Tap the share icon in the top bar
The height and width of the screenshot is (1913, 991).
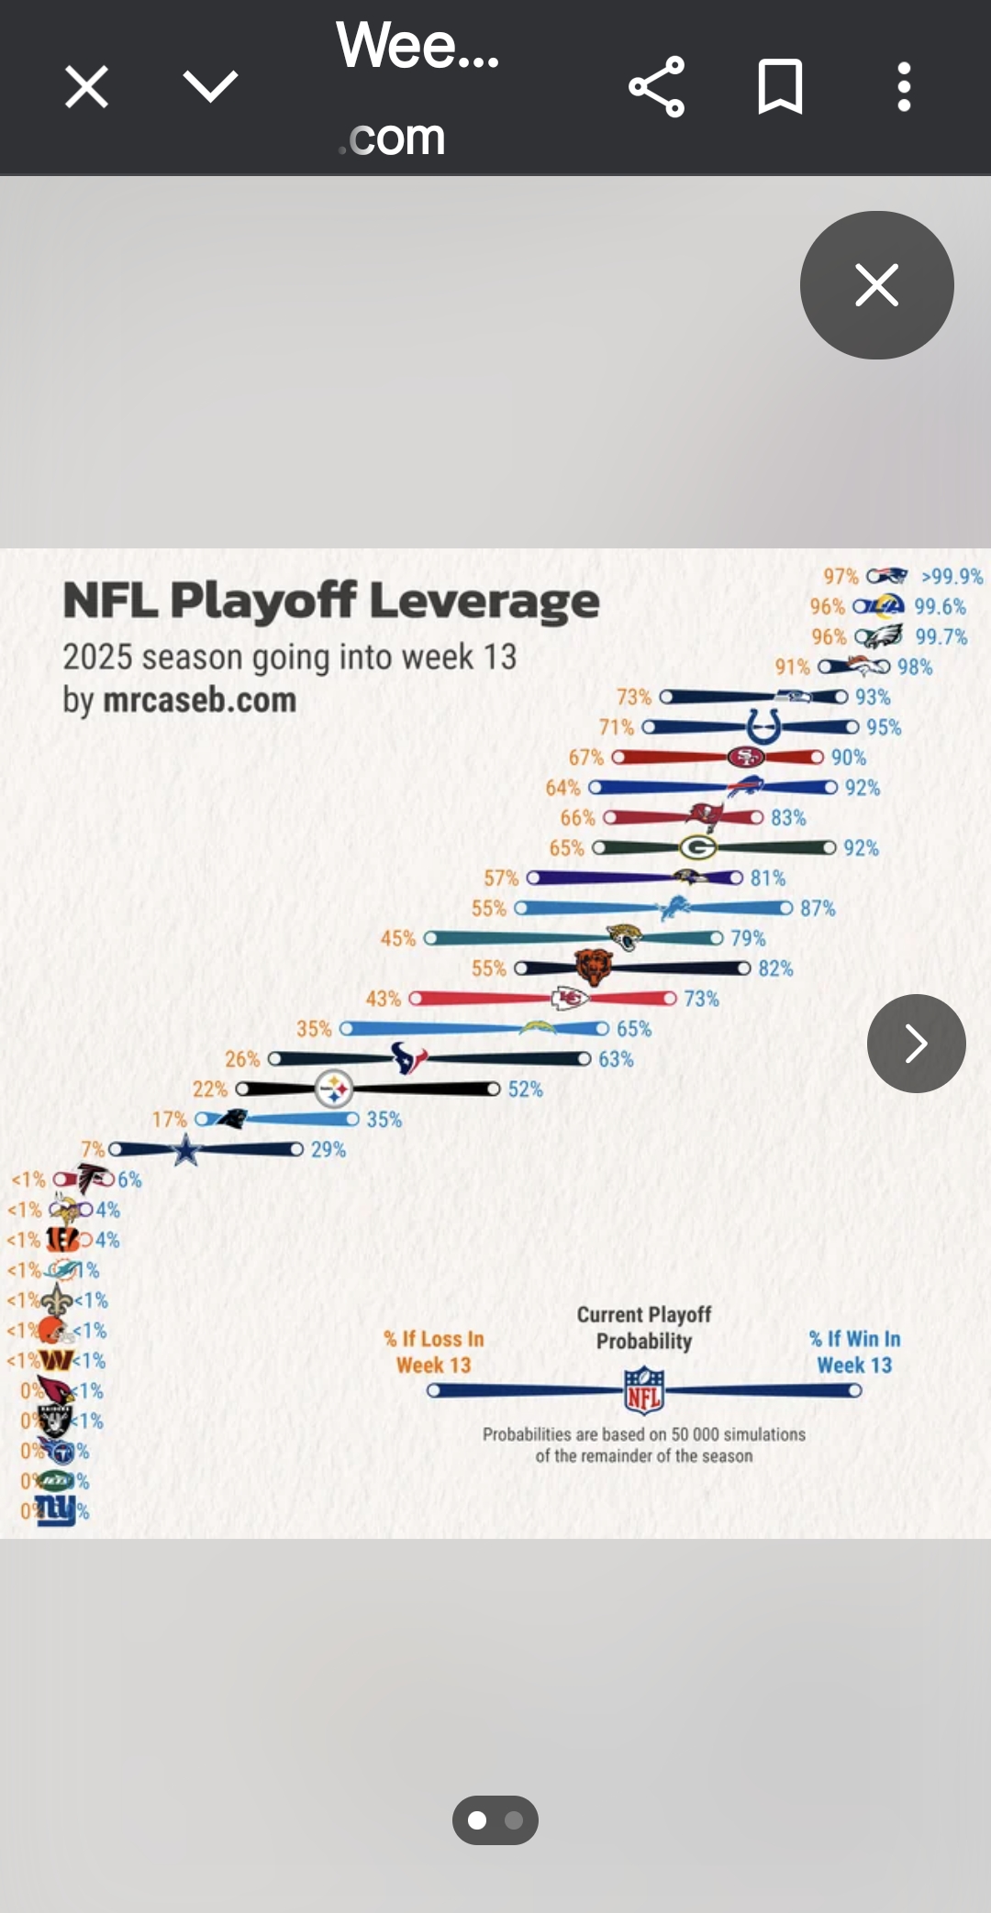[657, 87]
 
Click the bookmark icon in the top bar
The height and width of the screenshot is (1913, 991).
[780, 87]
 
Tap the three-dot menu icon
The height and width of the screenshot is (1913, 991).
[904, 87]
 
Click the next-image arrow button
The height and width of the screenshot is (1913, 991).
[916, 1043]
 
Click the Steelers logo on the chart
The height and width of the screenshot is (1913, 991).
[333, 1089]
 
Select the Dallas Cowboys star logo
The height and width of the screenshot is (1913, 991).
[186, 1149]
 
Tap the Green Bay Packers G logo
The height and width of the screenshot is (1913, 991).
[698, 847]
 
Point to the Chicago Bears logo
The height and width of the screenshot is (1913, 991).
[593, 968]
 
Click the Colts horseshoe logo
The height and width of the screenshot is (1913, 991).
[763, 727]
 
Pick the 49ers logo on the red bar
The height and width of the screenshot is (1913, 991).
[745, 757]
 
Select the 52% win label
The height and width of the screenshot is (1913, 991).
[525, 1089]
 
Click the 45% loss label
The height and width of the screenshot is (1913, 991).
[398, 938]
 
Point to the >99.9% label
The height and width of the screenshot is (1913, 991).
[952, 576]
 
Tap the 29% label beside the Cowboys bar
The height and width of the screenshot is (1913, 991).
[328, 1150]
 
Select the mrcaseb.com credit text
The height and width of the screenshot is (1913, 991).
[199, 701]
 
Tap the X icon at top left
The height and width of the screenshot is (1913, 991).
[87, 87]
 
